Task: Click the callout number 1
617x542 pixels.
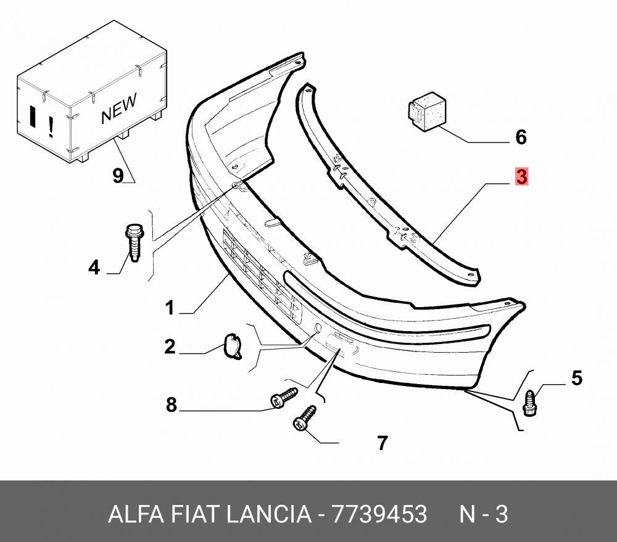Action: point(170,307)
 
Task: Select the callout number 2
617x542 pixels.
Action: point(170,347)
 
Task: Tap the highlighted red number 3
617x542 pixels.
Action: point(521,176)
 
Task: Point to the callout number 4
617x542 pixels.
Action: point(94,268)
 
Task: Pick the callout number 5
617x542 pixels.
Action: point(576,378)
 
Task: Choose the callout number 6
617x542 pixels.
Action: point(521,138)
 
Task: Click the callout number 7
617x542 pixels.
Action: point(383,443)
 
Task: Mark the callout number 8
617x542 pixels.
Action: point(171,404)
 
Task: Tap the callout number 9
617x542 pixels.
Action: point(118,175)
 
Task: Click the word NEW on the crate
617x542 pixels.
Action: point(119,108)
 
